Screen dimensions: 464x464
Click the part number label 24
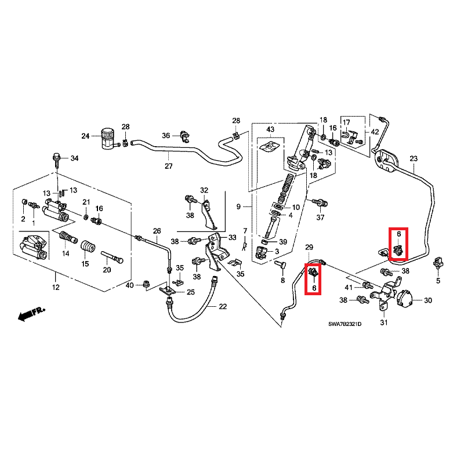click(85, 136)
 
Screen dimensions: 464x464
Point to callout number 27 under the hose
click(168, 166)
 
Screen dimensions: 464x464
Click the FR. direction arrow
click(32, 314)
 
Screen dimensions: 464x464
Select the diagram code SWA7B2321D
click(345, 324)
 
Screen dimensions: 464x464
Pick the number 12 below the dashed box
click(56, 288)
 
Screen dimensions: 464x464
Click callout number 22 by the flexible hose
click(223, 306)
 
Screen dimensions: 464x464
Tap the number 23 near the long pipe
click(414, 158)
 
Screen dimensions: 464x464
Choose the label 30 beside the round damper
click(428, 300)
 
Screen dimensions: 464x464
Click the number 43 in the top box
click(270, 129)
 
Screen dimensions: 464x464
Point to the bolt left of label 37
click(317, 202)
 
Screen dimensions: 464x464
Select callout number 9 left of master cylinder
click(238, 207)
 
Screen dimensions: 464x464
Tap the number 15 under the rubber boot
click(85, 264)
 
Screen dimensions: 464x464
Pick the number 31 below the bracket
click(383, 322)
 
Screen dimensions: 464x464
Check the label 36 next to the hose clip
click(166, 136)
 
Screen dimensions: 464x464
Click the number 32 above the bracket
click(204, 190)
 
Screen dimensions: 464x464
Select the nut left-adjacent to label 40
click(146, 284)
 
